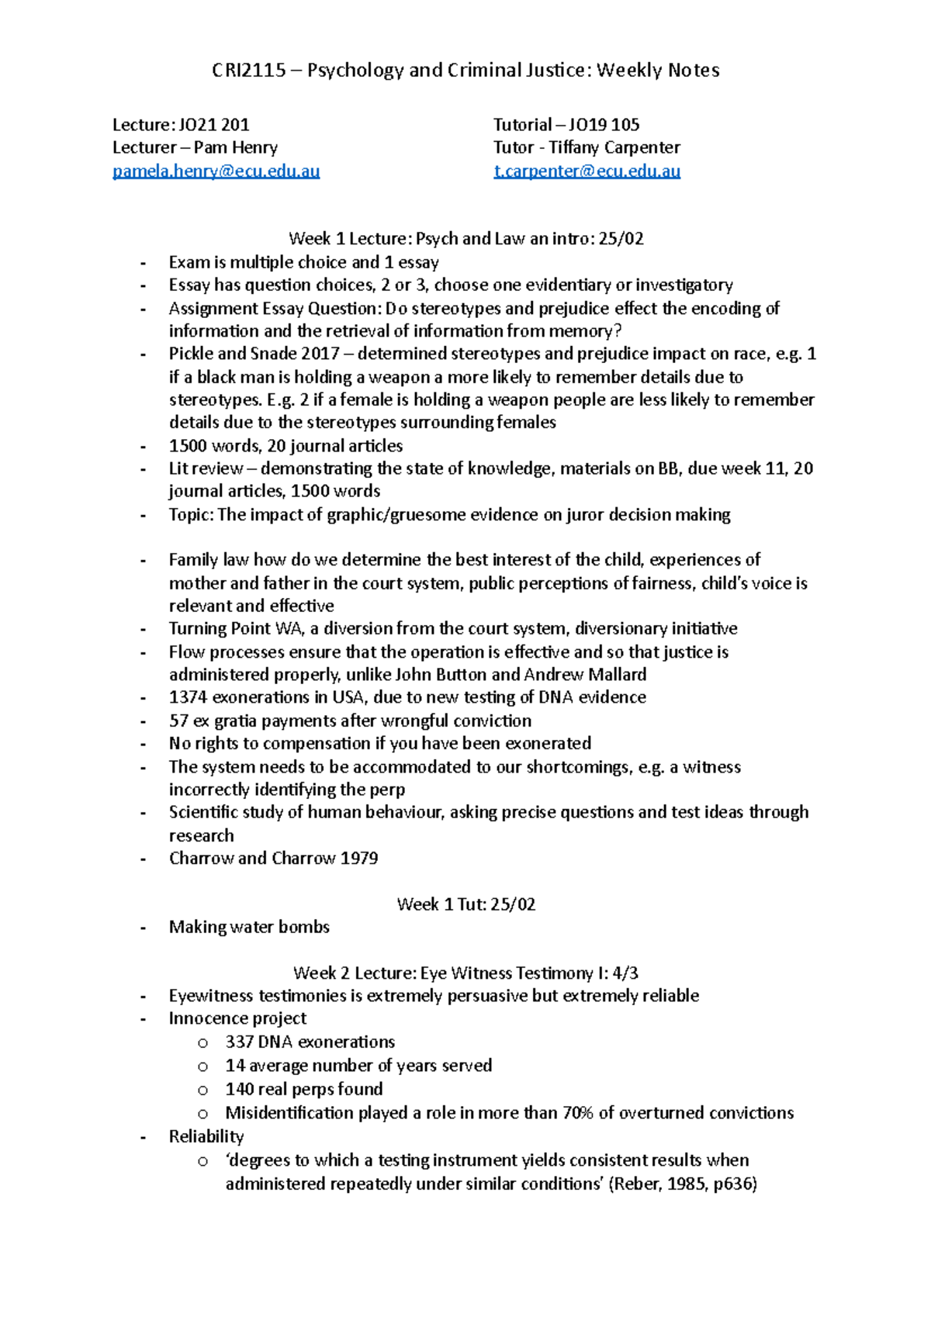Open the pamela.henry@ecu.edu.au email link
tap(216, 171)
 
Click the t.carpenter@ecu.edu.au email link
tap(587, 171)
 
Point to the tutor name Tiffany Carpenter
tap(614, 147)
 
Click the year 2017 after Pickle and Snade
tap(320, 354)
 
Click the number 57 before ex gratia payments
tap(178, 721)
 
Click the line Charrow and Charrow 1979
tap(273, 858)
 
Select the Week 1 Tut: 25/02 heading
tap(465, 904)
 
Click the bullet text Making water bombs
tap(249, 927)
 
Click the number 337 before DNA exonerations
tap(239, 1042)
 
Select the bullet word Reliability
tap(206, 1136)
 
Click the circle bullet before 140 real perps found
tap(202, 1090)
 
